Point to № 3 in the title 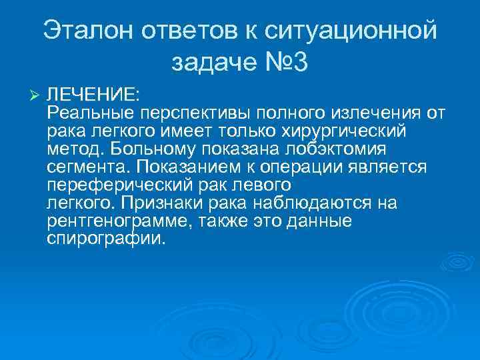coord(283,63)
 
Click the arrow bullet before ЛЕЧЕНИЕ coord(36,93)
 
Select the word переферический coord(121,184)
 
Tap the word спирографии coord(104,239)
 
